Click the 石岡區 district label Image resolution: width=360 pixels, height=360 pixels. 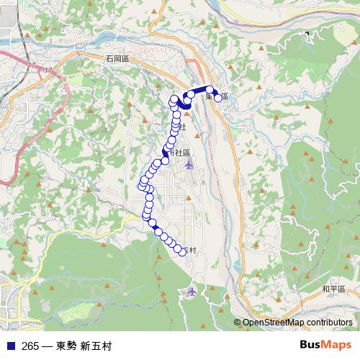pyautogui.click(x=116, y=57)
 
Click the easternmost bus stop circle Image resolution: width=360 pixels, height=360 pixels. pyautogui.click(x=218, y=97)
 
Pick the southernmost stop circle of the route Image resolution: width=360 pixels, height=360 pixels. pyautogui.click(x=182, y=251)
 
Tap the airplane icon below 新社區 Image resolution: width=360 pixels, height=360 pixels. pyautogui.click(x=189, y=166)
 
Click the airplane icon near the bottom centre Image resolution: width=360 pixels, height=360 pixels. pyautogui.click(x=192, y=292)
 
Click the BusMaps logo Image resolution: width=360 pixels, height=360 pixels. pyautogui.click(x=326, y=346)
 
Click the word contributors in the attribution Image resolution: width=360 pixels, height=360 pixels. pyautogui.click(x=328, y=322)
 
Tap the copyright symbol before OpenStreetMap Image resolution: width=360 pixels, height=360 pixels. pyautogui.click(x=237, y=322)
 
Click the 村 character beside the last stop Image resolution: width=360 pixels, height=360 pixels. pyautogui.click(x=192, y=251)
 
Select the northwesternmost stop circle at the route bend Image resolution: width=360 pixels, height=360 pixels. pyautogui.click(x=174, y=100)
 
